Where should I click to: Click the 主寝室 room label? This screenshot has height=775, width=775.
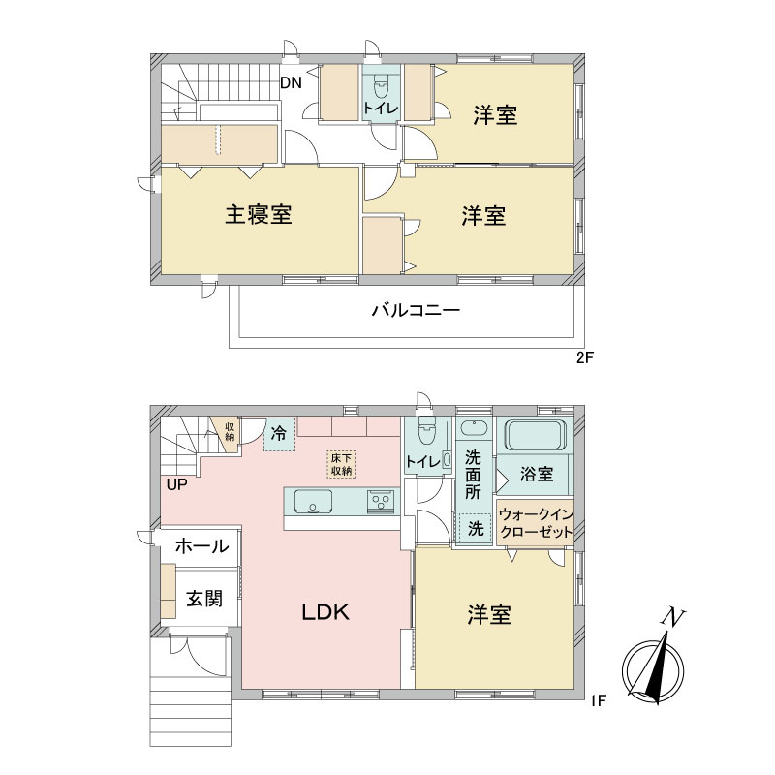[259, 214]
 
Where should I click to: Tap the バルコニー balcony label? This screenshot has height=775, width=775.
[417, 310]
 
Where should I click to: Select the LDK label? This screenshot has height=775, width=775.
[325, 613]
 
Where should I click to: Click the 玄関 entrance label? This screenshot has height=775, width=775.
[204, 599]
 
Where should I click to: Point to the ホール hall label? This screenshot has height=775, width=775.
[201, 546]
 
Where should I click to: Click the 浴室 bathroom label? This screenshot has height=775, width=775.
[537, 474]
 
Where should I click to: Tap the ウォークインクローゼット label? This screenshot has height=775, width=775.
[536, 523]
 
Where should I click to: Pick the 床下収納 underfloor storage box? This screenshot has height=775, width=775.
[341, 465]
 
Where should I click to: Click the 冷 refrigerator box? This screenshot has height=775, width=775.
[279, 434]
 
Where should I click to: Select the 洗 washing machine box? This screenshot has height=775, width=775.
[475, 529]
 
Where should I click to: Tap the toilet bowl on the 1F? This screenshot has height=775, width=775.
[425, 431]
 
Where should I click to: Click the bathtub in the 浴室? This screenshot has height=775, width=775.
[535, 434]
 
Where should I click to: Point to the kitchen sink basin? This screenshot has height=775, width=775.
[313, 501]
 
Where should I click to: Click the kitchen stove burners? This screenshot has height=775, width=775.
[380, 501]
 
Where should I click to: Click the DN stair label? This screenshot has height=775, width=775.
[291, 82]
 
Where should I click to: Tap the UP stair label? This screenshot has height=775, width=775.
[176, 485]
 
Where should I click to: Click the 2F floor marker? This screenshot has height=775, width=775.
[584, 357]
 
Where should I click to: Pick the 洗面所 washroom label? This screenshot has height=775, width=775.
[473, 475]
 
